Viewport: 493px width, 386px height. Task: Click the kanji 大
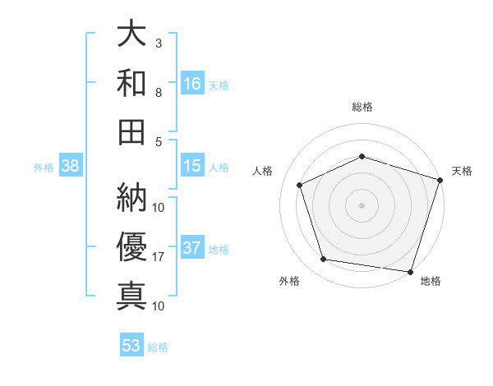click(131, 35)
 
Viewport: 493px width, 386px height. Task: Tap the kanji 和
click(131, 83)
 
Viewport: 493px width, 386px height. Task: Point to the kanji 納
click(131, 198)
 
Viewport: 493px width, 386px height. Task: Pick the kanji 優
click(131, 246)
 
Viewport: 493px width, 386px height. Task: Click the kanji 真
click(131, 294)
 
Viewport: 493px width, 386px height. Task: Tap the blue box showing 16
click(192, 83)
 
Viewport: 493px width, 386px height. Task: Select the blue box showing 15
click(192, 166)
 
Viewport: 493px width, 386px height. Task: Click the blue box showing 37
click(192, 248)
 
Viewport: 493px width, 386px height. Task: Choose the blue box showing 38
click(71, 166)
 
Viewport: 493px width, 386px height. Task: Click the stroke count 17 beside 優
click(159, 257)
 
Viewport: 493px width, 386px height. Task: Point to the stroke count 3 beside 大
click(159, 43)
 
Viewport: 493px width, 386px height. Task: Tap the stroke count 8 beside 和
click(159, 92)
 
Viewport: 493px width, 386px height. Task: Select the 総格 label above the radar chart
click(362, 107)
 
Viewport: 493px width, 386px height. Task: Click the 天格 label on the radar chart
click(462, 171)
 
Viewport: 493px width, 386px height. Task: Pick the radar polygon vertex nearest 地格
click(410, 271)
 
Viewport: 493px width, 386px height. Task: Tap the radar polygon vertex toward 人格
click(300, 185)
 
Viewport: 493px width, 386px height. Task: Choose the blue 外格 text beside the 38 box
click(44, 168)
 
